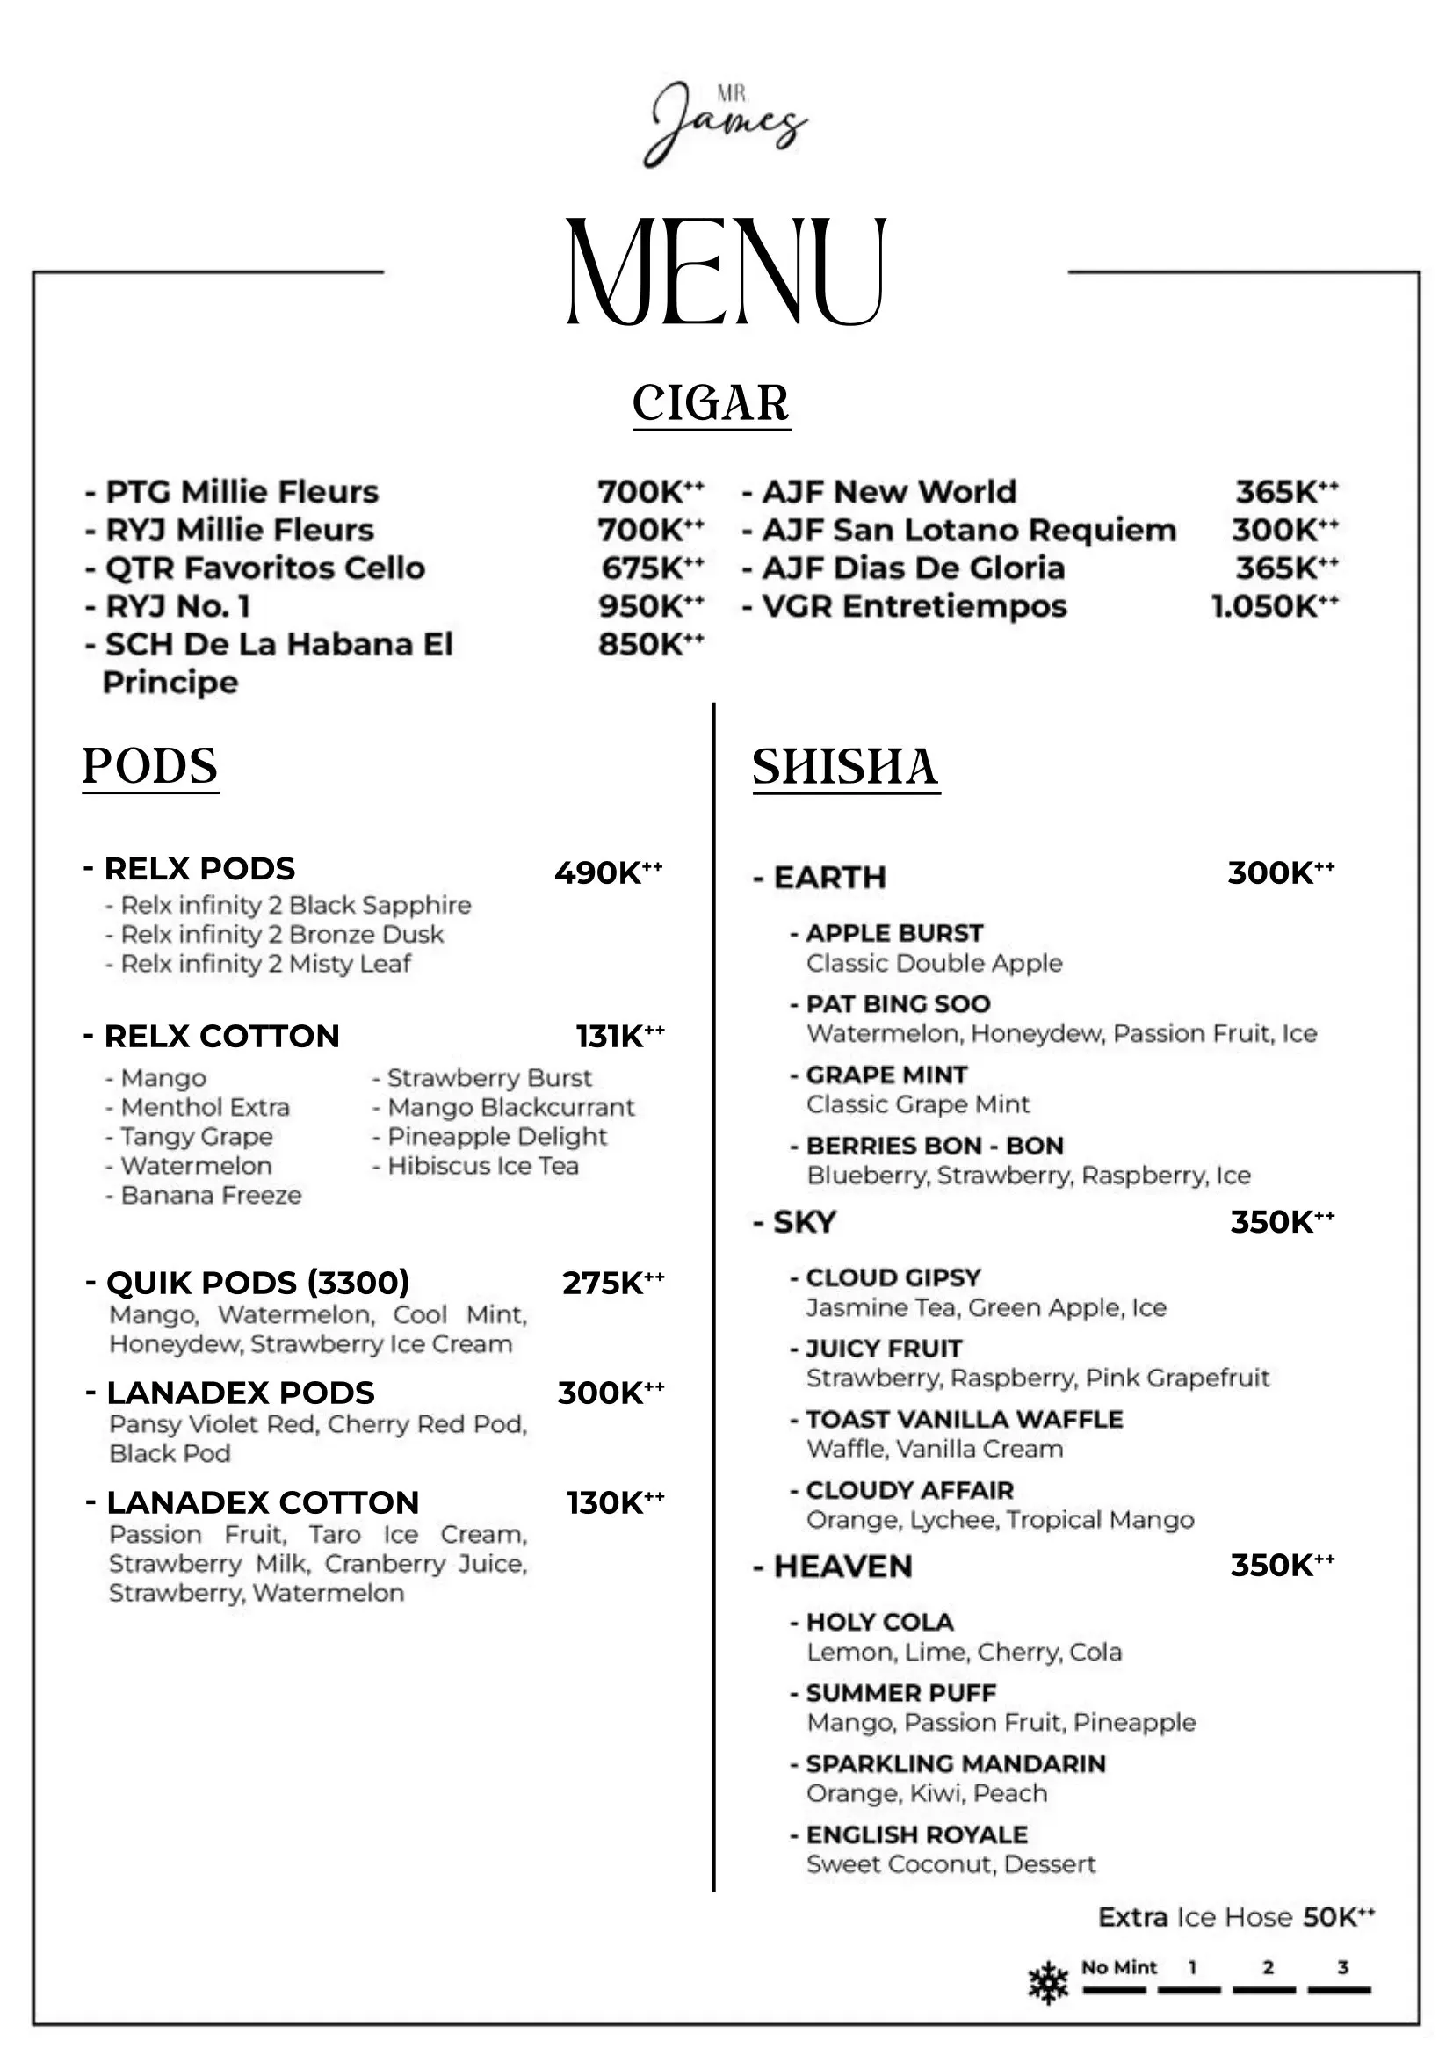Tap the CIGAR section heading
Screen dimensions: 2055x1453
(x=712, y=403)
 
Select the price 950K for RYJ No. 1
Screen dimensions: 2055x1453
(x=650, y=606)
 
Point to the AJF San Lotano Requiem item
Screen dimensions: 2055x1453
(x=968, y=530)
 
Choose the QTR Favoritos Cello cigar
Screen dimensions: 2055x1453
(x=264, y=568)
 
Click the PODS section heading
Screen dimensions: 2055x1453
(x=150, y=766)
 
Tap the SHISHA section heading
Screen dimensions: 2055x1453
(x=845, y=767)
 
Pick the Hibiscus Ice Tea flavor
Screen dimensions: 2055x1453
(x=482, y=1165)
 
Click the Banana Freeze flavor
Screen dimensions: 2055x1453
(x=211, y=1195)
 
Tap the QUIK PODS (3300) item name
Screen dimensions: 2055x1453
(x=257, y=1282)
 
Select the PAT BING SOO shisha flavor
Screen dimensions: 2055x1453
(x=899, y=1003)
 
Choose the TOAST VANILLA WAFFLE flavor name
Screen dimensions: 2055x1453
(x=965, y=1419)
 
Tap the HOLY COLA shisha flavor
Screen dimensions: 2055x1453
(x=879, y=1622)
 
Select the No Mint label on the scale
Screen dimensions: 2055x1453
(x=1118, y=1967)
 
